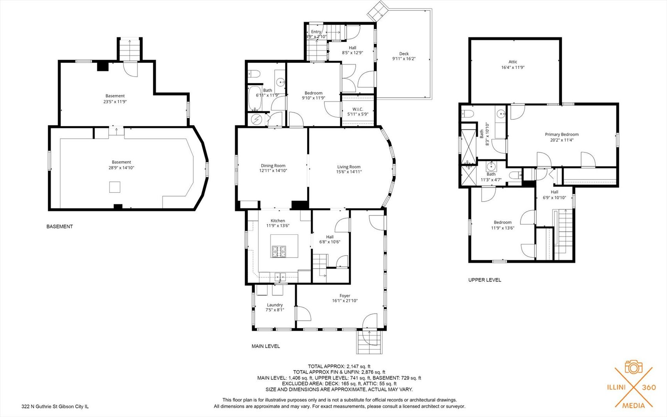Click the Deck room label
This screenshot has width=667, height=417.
click(x=404, y=54)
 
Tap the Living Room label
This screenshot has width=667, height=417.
click(x=349, y=167)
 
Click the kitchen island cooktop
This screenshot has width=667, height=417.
click(x=279, y=252)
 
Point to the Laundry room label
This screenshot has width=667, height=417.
click(x=275, y=305)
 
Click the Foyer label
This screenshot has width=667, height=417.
click(x=345, y=296)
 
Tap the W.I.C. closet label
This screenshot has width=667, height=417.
click(x=358, y=109)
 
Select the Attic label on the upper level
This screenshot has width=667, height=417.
click(x=513, y=62)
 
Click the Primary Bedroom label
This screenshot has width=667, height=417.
click(x=562, y=134)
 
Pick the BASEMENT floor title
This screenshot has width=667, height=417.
click(x=59, y=227)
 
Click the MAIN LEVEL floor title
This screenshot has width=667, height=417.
click(x=266, y=346)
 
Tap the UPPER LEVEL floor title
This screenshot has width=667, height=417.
click(x=485, y=280)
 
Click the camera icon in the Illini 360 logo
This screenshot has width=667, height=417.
click(x=633, y=367)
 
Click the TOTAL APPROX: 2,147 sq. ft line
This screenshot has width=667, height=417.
click(x=339, y=366)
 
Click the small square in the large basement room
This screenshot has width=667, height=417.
click(x=115, y=187)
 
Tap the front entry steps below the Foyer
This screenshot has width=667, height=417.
click(x=369, y=342)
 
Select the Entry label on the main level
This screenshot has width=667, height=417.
click(x=316, y=32)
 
